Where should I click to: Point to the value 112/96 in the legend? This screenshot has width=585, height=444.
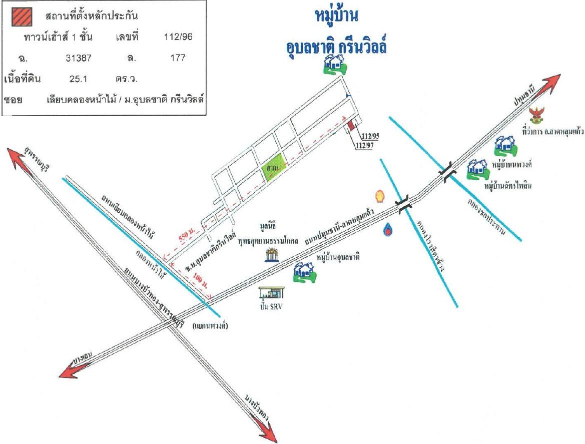click(178, 37)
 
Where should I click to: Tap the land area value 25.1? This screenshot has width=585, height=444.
click(78, 79)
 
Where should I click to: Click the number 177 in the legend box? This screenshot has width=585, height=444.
click(178, 58)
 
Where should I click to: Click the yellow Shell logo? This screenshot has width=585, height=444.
click(380, 196)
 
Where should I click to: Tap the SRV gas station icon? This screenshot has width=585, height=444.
click(271, 293)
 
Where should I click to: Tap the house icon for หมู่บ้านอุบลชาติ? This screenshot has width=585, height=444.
click(304, 273)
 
